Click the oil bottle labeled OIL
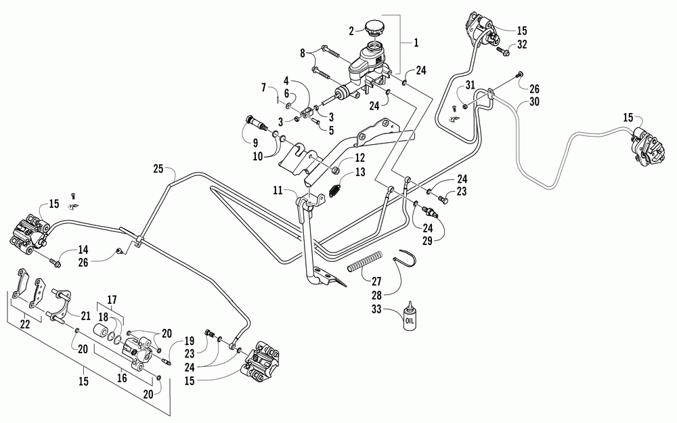(x=408, y=317)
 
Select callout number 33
(x=376, y=309)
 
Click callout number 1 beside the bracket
(x=416, y=43)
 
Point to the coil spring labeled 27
(x=366, y=261)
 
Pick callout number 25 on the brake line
(x=158, y=169)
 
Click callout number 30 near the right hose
(x=535, y=102)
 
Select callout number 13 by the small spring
(x=360, y=172)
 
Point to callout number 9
(x=255, y=142)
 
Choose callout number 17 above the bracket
(x=112, y=299)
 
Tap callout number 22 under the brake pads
(x=25, y=324)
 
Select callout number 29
(x=427, y=240)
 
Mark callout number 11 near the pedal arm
(x=278, y=190)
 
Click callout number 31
(x=470, y=85)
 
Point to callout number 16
(x=122, y=378)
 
